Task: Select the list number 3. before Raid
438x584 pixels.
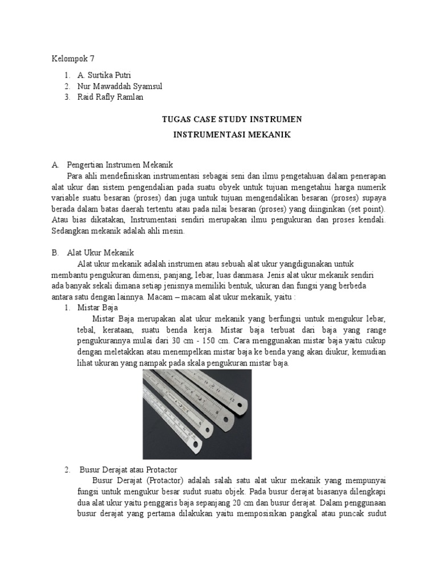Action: coord(67,97)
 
